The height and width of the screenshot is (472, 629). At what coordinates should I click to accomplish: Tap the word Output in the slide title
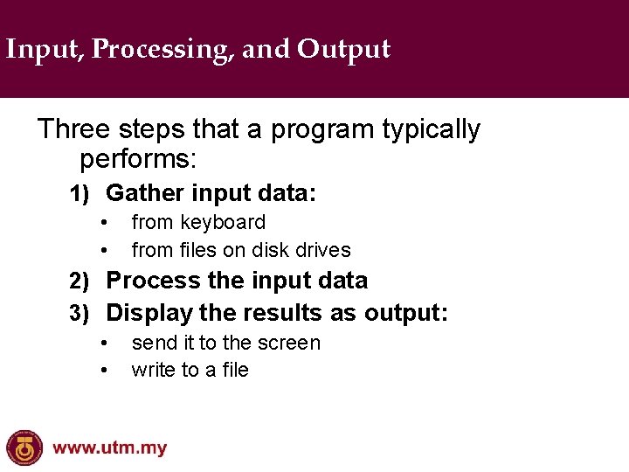click(343, 50)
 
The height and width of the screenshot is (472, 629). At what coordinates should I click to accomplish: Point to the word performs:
click(139, 159)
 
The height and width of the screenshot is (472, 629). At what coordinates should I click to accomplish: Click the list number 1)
click(80, 193)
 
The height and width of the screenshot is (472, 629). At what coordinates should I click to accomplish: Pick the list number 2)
click(80, 281)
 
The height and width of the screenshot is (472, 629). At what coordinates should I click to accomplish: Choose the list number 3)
click(80, 313)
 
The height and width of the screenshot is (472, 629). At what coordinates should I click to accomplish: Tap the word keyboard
click(223, 223)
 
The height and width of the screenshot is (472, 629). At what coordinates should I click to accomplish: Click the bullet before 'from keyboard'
click(103, 223)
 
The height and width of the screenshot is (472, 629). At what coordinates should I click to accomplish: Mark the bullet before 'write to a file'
click(103, 371)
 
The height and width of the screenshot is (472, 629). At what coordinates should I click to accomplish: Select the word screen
click(291, 343)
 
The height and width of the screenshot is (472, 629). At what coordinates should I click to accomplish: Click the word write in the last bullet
click(154, 370)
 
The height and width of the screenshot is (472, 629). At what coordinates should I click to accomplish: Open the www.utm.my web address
click(109, 448)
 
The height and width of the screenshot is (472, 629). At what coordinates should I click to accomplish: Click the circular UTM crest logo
click(24, 448)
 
